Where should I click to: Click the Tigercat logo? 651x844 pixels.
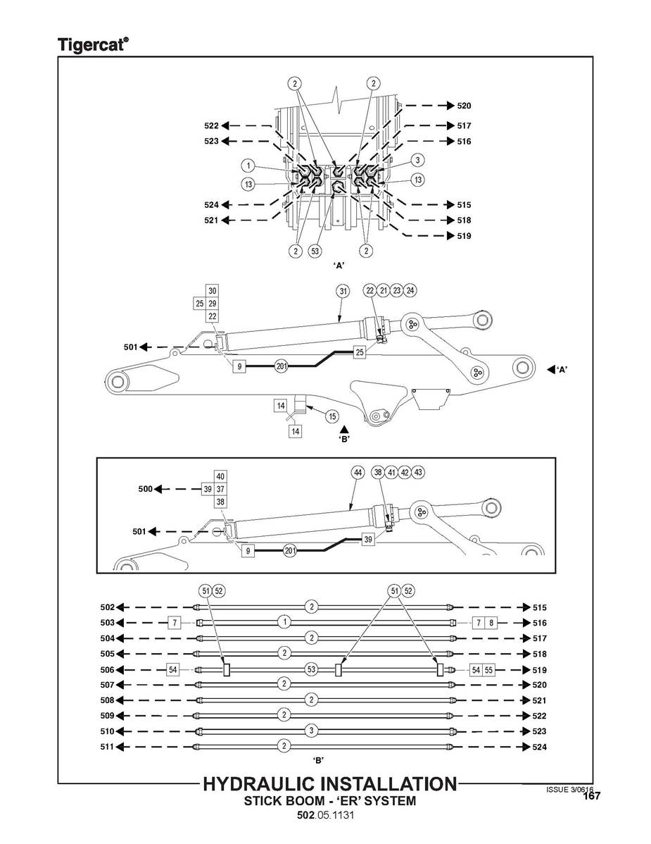point(92,44)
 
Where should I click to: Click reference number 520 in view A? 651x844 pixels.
point(464,106)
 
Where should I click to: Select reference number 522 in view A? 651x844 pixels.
point(211,125)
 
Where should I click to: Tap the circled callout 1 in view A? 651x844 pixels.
point(247,166)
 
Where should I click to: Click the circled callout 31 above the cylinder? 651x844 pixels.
point(343,292)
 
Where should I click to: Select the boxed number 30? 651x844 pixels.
point(213,291)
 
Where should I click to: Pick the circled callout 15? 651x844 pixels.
point(332,416)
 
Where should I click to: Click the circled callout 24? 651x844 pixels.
point(410,290)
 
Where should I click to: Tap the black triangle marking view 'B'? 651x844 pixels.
point(344,428)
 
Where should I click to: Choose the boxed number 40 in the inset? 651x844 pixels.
point(220,476)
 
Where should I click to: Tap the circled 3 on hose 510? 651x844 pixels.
point(311,731)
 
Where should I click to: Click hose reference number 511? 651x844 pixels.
point(107,747)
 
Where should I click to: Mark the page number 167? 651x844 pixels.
point(592,797)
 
